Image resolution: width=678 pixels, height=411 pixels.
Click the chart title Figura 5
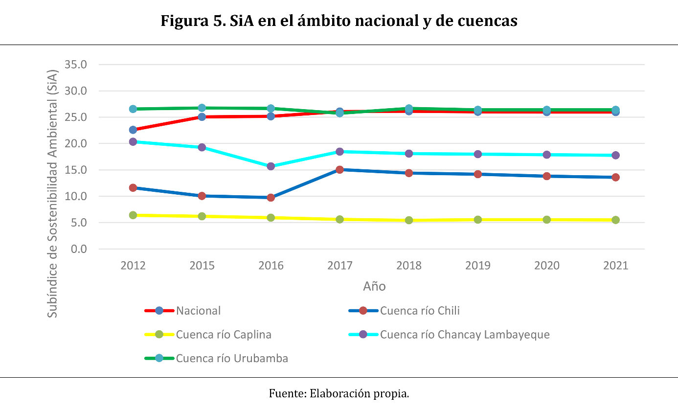[x=339, y=21]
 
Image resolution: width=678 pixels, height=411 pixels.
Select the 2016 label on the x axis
[x=271, y=266]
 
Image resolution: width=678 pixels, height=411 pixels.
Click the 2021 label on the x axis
[x=615, y=266]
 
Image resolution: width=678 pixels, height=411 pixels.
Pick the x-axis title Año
[x=374, y=286]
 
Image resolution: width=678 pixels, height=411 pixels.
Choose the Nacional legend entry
[x=198, y=311]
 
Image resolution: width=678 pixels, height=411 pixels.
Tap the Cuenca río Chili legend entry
[x=420, y=311]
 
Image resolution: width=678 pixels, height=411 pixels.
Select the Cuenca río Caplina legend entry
[x=224, y=335]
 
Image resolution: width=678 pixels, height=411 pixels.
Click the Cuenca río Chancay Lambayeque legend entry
[x=465, y=335]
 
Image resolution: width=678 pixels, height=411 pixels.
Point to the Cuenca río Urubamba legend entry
[x=232, y=358]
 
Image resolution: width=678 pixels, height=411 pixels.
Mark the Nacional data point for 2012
[x=133, y=130]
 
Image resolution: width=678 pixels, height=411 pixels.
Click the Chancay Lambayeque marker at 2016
[x=271, y=166]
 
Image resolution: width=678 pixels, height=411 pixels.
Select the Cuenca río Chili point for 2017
[x=340, y=170]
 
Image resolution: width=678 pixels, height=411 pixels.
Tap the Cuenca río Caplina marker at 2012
[x=133, y=215]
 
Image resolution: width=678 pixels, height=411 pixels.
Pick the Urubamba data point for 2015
[x=202, y=108]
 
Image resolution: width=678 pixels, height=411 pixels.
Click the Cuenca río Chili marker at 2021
[x=615, y=177]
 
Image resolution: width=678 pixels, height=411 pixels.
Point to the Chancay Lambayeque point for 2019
[x=478, y=154]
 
